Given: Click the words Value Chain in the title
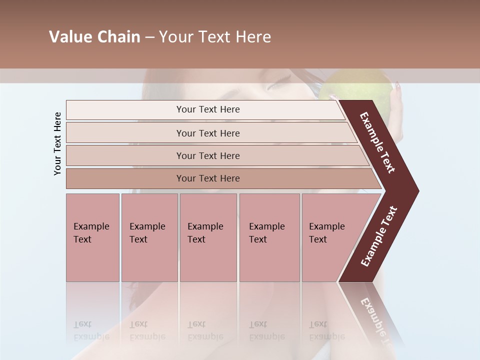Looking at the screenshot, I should click(x=94, y=37).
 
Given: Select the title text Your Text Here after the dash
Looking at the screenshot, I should click(x=215, y=37).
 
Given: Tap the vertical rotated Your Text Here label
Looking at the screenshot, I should click(x=57, y=143).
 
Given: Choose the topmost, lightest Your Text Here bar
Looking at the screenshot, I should click(x=208, y=109).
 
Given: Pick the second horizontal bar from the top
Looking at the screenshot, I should click(x=208, y=133).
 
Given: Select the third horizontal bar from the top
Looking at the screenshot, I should click(x=208, y=155).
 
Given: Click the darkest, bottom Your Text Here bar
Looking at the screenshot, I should click(x=208, y=178).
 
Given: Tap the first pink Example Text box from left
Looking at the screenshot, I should click(x=92, y=237).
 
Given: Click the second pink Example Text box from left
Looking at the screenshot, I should click(x=149, y=237).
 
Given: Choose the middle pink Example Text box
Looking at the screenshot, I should click(x=208, y=237).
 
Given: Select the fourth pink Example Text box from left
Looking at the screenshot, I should click(x=269, y=237).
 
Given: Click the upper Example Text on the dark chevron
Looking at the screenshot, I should click(x=377, y=143).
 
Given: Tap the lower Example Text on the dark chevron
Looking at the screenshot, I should click(x=378, y=236).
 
